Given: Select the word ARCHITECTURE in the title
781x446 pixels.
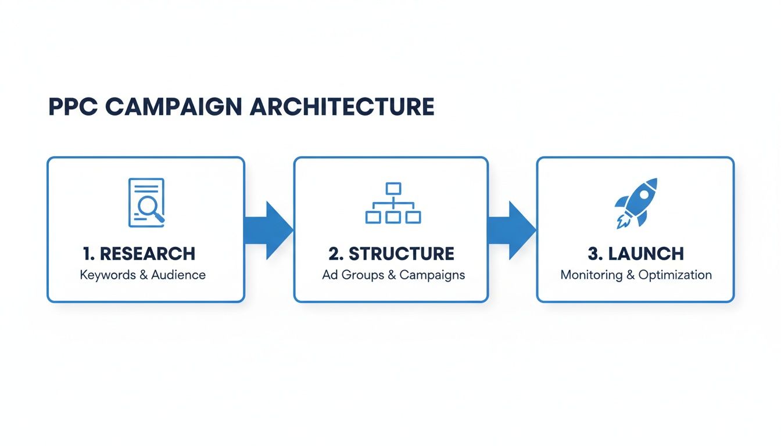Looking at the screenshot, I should click(342, 107).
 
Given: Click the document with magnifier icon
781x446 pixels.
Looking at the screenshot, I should click(146, 202).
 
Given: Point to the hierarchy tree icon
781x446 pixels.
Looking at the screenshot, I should click(393, 203).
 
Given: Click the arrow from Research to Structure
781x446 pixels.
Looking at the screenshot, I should click(268, 230).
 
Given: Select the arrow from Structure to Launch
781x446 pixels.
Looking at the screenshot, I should click(511, 230).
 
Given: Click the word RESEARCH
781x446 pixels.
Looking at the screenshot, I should click(148, 254).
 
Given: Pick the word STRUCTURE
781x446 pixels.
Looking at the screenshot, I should click(401, 254).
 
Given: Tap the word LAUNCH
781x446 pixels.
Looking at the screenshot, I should click(646, 254).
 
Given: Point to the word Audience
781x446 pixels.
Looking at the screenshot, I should click(178, 275).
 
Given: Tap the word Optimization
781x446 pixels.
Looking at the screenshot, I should click(675, 275).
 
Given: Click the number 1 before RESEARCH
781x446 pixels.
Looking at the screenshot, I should click(87, 254).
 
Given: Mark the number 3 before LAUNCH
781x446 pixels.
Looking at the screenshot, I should click(592, 254).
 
